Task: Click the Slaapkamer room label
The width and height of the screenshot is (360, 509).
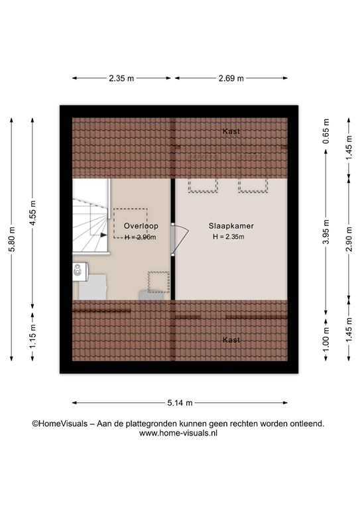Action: (231, 226)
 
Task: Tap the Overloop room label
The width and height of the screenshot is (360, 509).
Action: (141, 226)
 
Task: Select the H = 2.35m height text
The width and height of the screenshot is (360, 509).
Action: (229, 237)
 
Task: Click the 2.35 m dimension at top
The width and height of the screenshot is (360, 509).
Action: (121, 78)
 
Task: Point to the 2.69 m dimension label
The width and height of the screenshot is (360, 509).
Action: (231, 78)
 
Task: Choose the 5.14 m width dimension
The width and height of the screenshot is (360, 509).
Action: (180, 403)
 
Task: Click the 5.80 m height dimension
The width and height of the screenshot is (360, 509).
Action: (12, 239)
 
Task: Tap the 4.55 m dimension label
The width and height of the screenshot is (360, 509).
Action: (32, 213)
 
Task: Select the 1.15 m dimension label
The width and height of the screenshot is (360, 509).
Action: (32, 336)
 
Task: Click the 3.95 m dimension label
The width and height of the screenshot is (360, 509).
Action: (326, 232)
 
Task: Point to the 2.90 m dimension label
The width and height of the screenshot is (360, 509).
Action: (349, 239)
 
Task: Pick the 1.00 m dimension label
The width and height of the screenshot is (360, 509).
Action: (326, 339)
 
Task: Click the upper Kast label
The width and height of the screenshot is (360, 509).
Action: (231, 131)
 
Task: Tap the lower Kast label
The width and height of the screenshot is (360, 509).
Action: (231, 340)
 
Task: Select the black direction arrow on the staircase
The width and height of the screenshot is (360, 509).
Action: (103, 235)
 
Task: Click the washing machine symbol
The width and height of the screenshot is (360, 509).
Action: (80, 271)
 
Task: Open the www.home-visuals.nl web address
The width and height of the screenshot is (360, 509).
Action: (178, 433)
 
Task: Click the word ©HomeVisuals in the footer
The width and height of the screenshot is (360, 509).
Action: (60, 424)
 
